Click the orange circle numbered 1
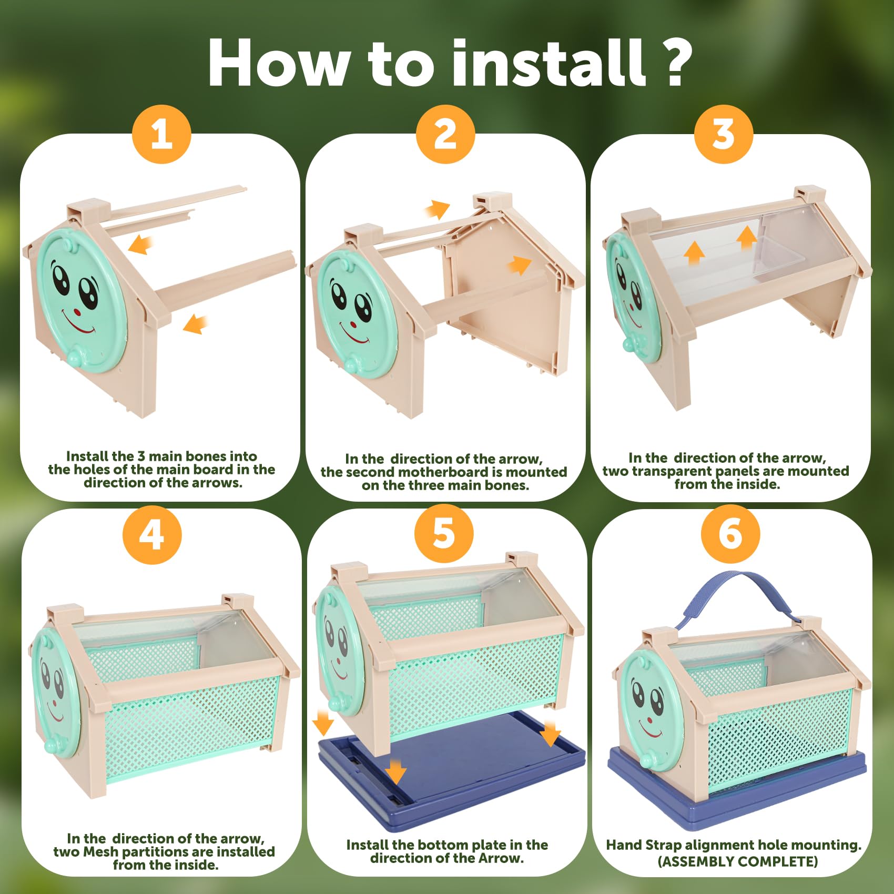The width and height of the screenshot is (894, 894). click(x=161, y=135)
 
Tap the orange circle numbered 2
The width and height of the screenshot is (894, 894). click(x=445, y=135)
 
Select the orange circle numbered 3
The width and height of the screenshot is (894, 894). click(x=724, y=135)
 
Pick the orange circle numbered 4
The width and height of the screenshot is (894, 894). click(x=152, y=536)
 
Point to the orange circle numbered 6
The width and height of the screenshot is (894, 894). click(x=730, y=534)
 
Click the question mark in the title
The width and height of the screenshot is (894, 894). click(x=675, y=63)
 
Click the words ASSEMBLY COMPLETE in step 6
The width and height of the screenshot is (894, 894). click(x=738, y=861)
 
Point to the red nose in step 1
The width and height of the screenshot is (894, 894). click(x=78, y=311)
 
